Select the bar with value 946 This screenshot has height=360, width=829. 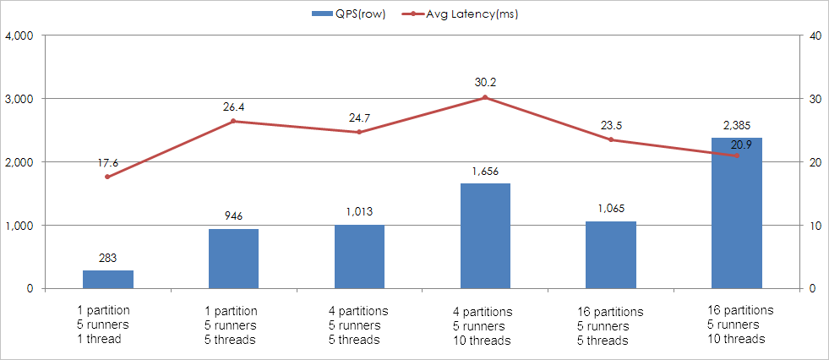[233, 259]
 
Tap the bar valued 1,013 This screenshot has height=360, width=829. [359, 256]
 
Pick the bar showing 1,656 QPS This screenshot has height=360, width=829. [485, 236]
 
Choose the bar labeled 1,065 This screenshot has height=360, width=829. [611, 254]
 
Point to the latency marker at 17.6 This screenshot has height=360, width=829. [107, 177]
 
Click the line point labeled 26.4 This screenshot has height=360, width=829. [233, 121]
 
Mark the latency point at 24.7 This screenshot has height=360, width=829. [359, 132]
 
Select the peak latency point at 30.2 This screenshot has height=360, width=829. [485, 97]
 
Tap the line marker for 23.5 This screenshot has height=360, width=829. [611, 139]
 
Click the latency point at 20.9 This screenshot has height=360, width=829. [736, 155]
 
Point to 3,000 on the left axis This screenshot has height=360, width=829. [19, 99]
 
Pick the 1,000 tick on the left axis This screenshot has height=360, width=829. [19, 226]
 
